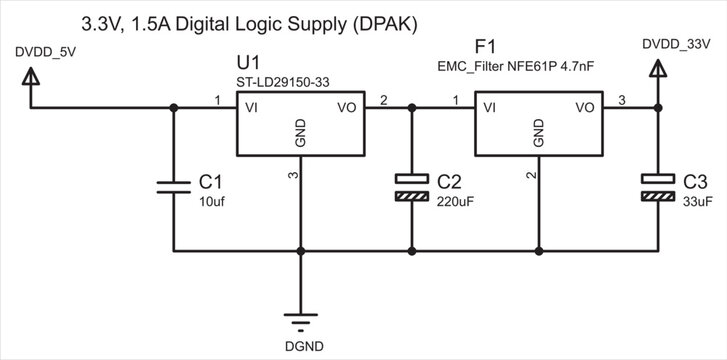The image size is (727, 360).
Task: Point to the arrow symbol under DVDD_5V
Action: click(31, 76)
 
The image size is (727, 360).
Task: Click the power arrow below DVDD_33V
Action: click(658, 68)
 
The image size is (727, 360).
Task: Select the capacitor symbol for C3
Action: click(658, 186)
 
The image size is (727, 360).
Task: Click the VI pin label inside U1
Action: click(253, 106)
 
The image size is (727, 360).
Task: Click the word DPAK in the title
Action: click(382, 21)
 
